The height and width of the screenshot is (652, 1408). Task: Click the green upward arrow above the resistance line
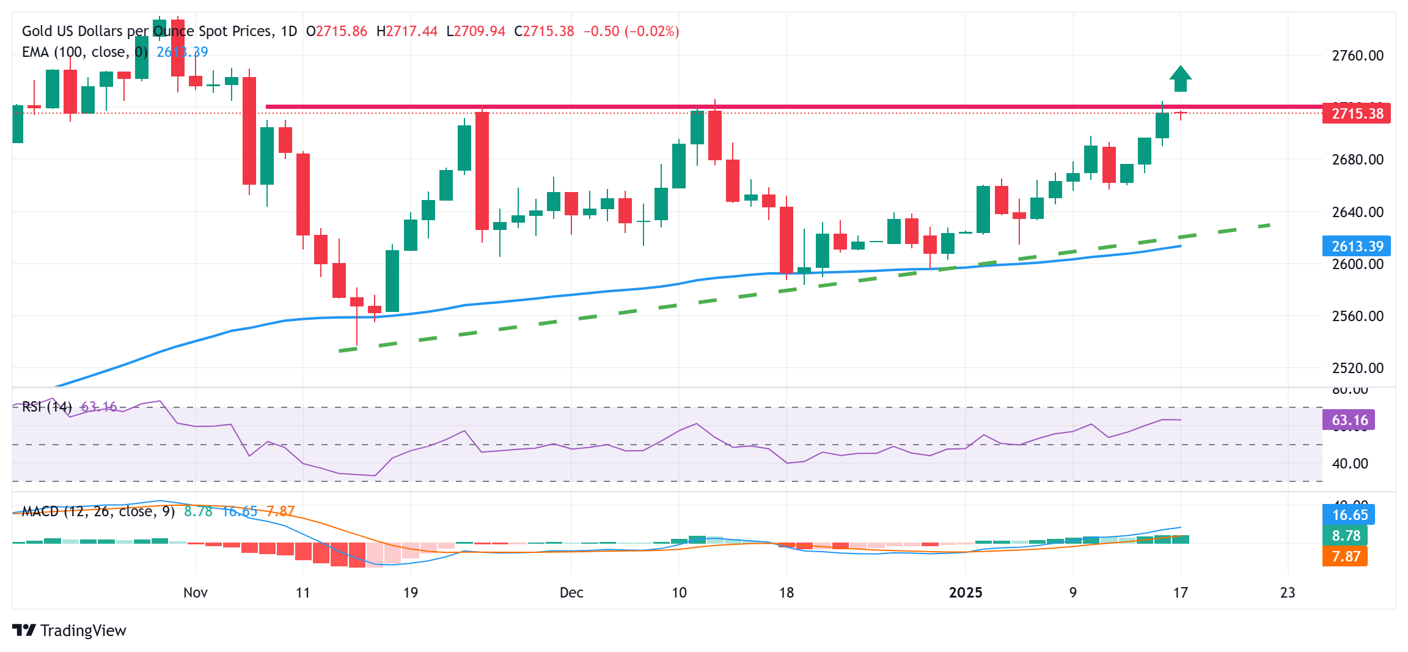[1180, 79]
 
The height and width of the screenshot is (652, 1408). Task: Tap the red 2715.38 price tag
[1356, 114]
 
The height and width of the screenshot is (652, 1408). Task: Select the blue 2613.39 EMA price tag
[1356, 246]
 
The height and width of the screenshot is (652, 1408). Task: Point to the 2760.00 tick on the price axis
[1357, 56]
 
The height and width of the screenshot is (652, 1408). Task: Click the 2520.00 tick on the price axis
[1357, 368]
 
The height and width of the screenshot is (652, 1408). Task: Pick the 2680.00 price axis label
[1357, 160]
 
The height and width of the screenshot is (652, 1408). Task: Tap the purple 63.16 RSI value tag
[1349, 420]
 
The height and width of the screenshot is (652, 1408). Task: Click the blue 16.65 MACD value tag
[1349, 515]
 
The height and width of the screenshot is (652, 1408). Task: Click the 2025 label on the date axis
[965, 593]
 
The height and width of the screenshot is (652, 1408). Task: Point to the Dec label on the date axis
[571, 593]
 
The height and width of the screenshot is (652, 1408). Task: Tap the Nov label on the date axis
[195, 593]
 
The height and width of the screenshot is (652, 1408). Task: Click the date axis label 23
[1287, 593]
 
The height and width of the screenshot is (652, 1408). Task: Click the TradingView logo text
[82, 631]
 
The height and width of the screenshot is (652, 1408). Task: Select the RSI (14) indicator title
[46, 407]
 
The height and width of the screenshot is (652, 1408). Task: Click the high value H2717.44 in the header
[406, 31]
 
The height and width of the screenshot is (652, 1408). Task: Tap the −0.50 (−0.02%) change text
[631, 31]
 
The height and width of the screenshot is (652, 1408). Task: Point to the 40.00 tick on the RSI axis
[1349, 464]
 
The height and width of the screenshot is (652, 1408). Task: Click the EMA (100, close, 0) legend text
[84, 52]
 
